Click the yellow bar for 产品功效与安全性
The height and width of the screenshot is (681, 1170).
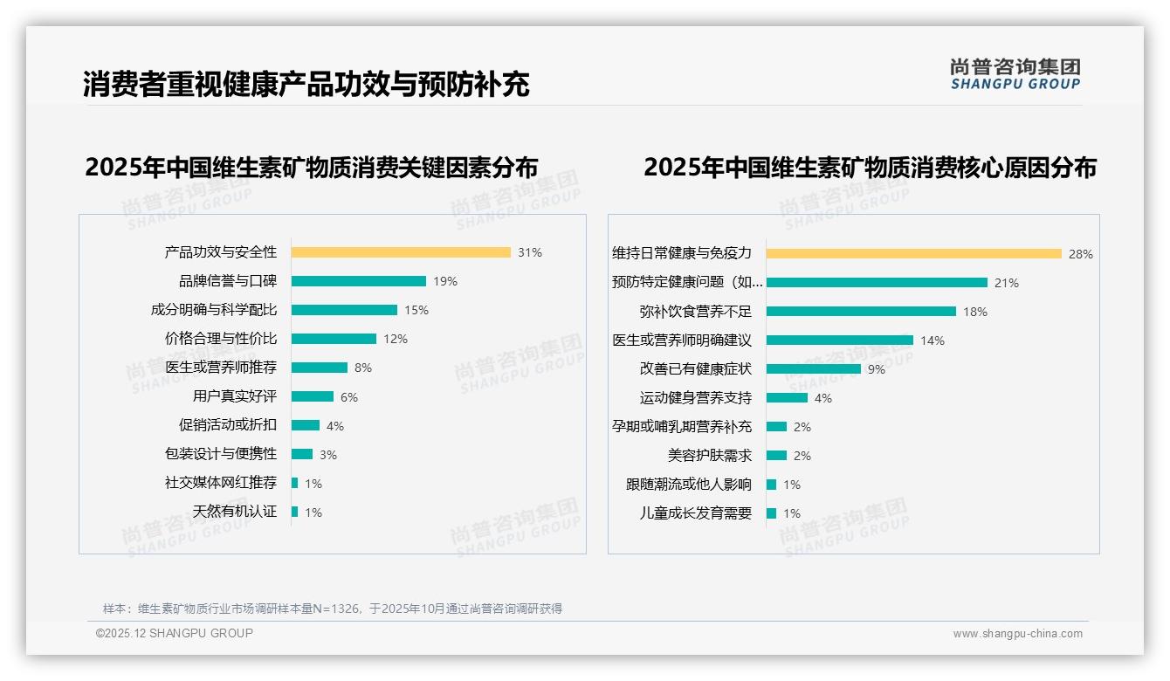pos(401,252)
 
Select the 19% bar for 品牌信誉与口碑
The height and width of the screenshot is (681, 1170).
pos(358,281)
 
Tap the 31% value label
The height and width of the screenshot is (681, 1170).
pos(529,252)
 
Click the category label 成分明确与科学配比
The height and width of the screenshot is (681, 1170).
pos(214,310)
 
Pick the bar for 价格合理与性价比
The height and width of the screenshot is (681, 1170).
pos(334,339)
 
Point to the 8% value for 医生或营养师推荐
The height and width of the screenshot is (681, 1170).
pos(363,368)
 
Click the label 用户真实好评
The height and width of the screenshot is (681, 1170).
pos(235,396)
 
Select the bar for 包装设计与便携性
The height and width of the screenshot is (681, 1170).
pos(302,454)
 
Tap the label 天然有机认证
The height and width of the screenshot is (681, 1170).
pos(235,512)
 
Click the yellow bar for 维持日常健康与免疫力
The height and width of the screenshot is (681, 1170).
pos(913,253)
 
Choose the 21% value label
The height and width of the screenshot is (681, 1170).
pos(1006,283)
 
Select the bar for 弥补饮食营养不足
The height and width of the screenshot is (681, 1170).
pos(861,311)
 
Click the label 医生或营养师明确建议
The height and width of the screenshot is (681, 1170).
pos(682,340)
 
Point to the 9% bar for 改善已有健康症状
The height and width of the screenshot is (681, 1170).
pos(814,368)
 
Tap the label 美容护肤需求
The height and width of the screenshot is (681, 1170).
pos(710,456)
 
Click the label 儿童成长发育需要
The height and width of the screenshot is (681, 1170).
pos(696,513)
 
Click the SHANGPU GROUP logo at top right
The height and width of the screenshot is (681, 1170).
pos(1015,74)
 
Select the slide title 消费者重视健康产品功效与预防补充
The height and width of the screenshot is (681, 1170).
pos(306,85)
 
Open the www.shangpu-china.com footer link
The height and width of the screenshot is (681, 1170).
pos(1017,634)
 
